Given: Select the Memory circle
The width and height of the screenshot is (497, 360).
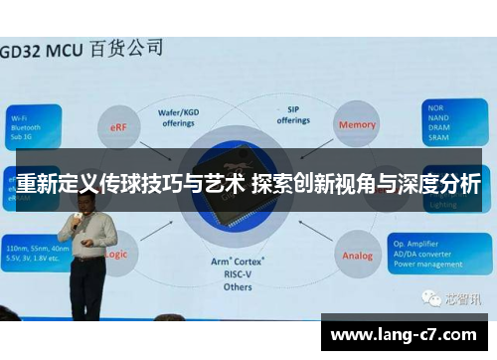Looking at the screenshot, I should pyautogui.click(x=357, y=125).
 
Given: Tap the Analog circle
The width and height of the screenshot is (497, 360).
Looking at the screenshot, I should pyautogui.click(x=357, y=255).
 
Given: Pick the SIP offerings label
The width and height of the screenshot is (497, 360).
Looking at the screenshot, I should pyautogui.click(x=292, y=114).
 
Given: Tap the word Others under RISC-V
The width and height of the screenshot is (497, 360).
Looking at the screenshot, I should pyautogui.click(x=238, y=287).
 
